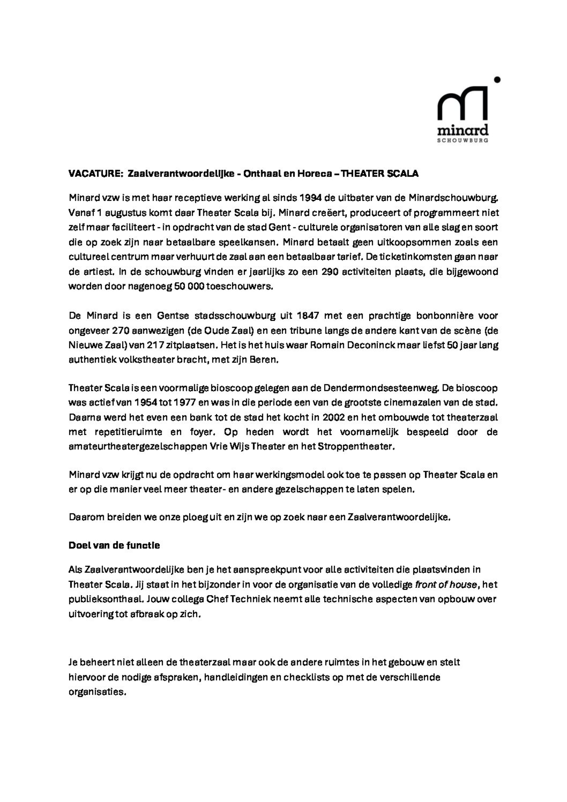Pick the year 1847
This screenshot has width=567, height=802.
tap(308, 316)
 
